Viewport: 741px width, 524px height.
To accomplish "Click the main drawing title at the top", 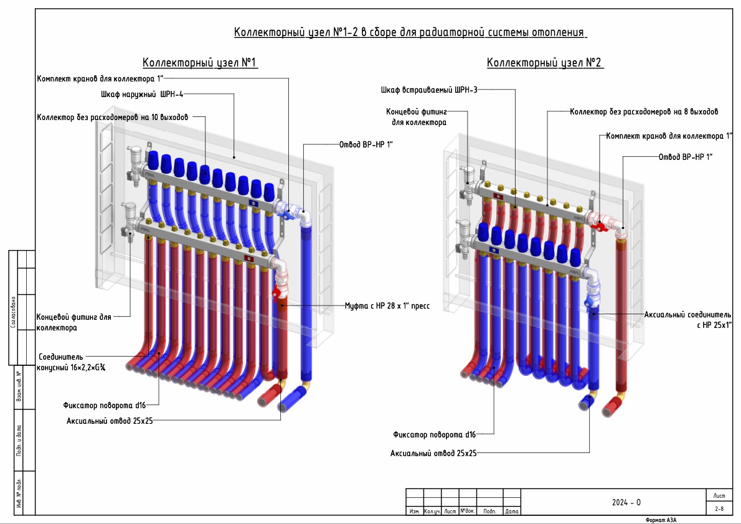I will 410,32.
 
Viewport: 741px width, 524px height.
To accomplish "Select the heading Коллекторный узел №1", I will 200,63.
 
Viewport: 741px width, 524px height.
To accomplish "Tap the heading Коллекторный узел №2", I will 545,63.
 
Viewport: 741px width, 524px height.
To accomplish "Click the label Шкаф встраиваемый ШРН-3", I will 429,90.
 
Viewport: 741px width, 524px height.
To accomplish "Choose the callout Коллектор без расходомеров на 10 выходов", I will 112,116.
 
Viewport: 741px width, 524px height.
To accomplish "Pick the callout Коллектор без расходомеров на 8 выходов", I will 644,112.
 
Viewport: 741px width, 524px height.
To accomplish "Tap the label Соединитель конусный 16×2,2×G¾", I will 72,362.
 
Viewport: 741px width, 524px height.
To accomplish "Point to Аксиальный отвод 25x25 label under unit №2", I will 433,453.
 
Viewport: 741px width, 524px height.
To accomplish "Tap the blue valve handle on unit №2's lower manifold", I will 587,302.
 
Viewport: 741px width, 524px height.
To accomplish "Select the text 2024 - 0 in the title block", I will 626,502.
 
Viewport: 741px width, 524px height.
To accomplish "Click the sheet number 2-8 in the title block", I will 719,508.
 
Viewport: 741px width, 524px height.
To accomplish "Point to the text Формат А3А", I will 661,520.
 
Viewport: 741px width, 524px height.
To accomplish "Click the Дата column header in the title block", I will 512,512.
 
